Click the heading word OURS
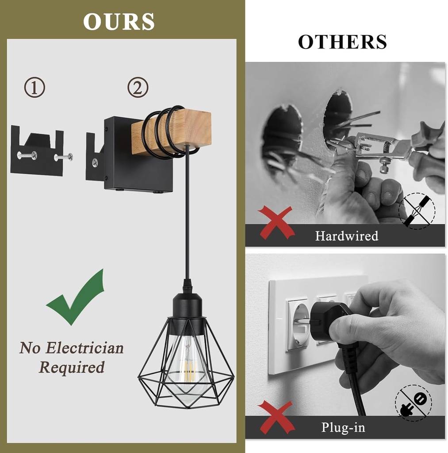pyautogui.click(x=119, y=22)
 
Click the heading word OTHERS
pyautogui.click(x=342, y=42)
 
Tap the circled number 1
pyautogui.click(x=34, y=88)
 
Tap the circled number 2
pyautogui.click(x=138, y=88)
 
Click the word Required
pyautogui.click(x=72, y=367)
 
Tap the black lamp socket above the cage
pyautogui.click(x=188, y=305)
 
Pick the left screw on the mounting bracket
pyautogui.click(x=27, y=155)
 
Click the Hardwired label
pyautogui.click(x=346, y=236)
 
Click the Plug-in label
pyautogui.click(x=343, y=428)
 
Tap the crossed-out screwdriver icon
pyautogui.click(x=417, y=211)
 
